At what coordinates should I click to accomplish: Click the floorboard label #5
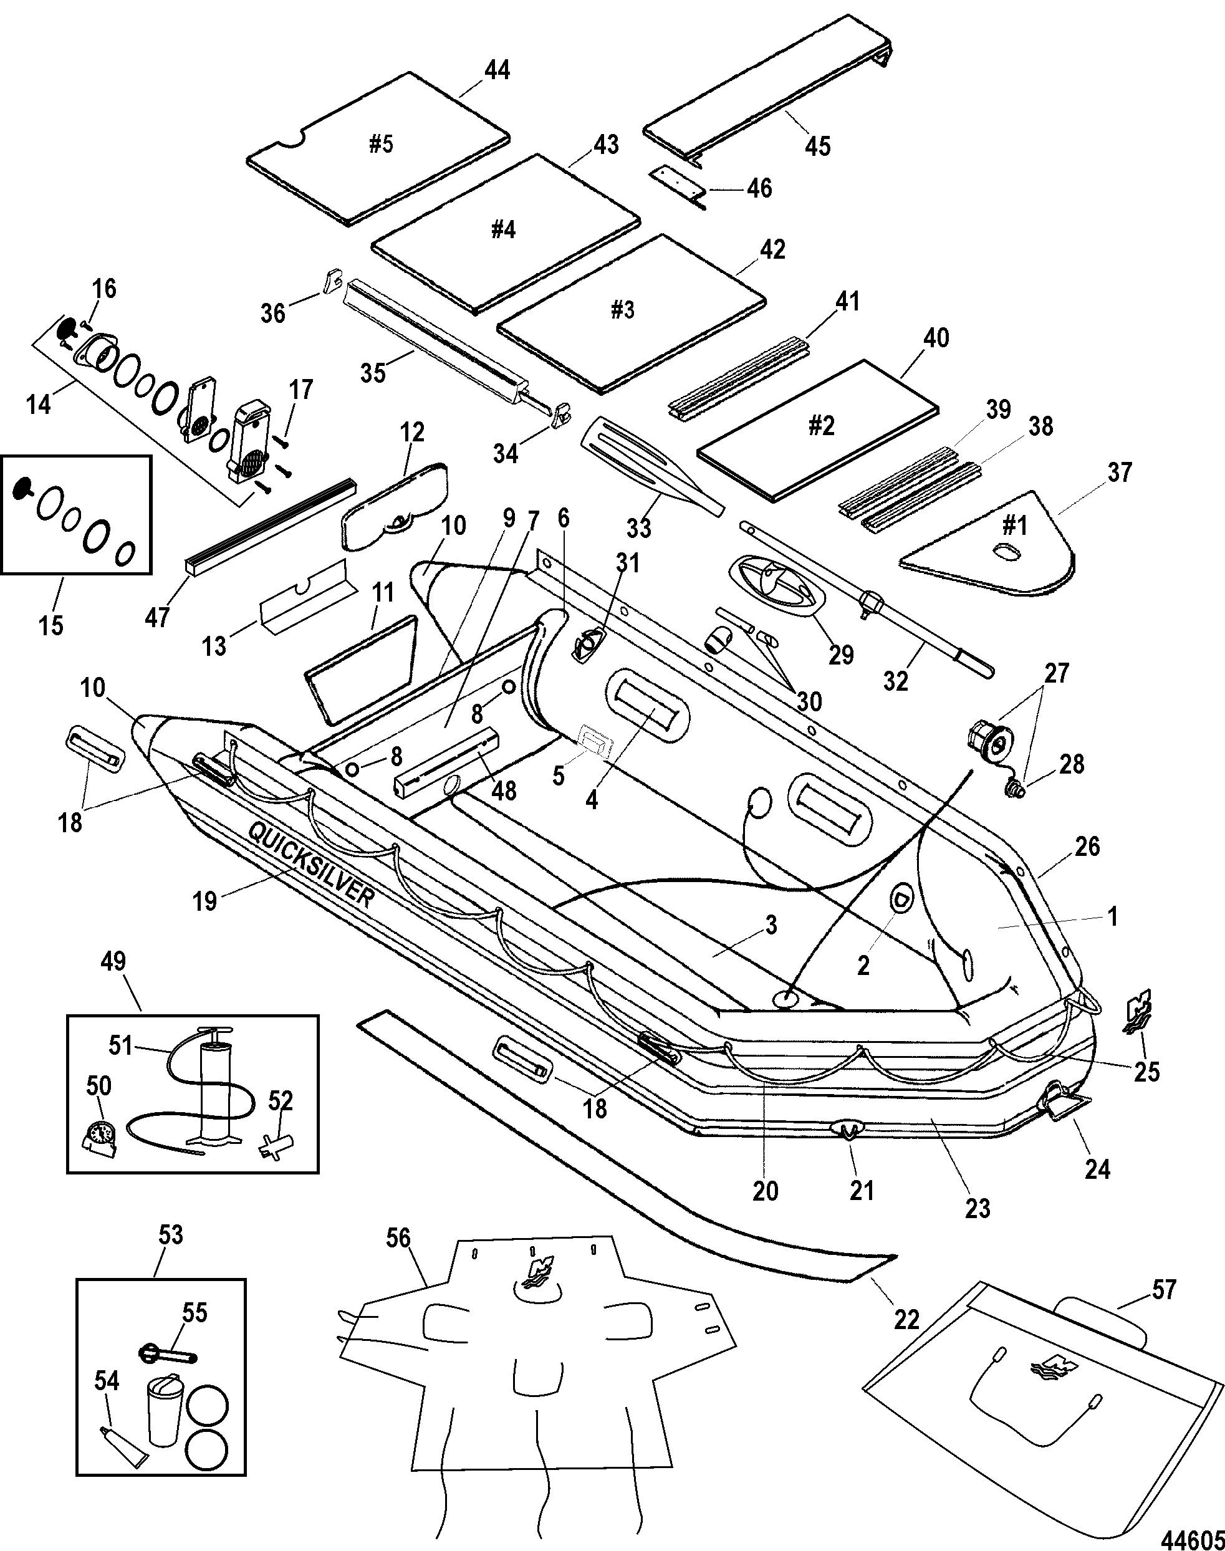coord(381,144)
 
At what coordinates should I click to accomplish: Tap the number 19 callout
coord(204,901)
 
